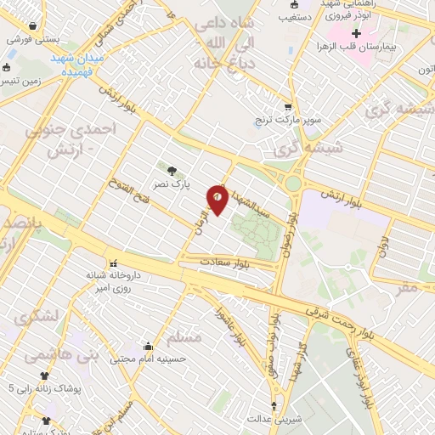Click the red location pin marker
pyautogui.click(x=217, y=199)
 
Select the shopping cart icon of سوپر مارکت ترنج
pyautogui.click(x=288, y=107)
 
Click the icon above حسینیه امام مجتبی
pyautogui.click(x=149, y=346)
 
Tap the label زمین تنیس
pyautogui.click(x=20, y=80)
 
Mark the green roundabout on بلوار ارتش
pyautogui.click(x=293, y=183)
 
